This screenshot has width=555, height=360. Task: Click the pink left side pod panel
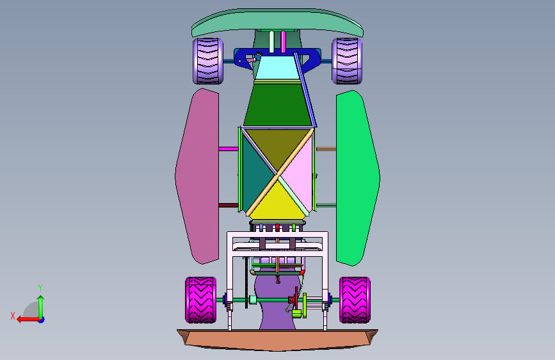click(x=198, y=176)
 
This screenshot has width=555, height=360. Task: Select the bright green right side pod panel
click(x=357, y=178)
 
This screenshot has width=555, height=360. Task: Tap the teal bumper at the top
click(x=278, y=22)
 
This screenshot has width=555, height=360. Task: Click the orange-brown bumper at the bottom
click(x=278, y=340)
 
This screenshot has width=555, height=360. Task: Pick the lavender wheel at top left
click(x=208, y=61)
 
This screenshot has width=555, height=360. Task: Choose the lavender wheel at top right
click(x=347, y=61)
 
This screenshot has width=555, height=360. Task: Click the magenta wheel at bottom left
click(x=201, y=300)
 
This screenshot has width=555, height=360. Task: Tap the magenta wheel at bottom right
click(x=355, y=300)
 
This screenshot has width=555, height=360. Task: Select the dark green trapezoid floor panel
click(x=278, y=104)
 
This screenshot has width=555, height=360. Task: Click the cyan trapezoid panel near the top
click(x=277, y=67)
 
